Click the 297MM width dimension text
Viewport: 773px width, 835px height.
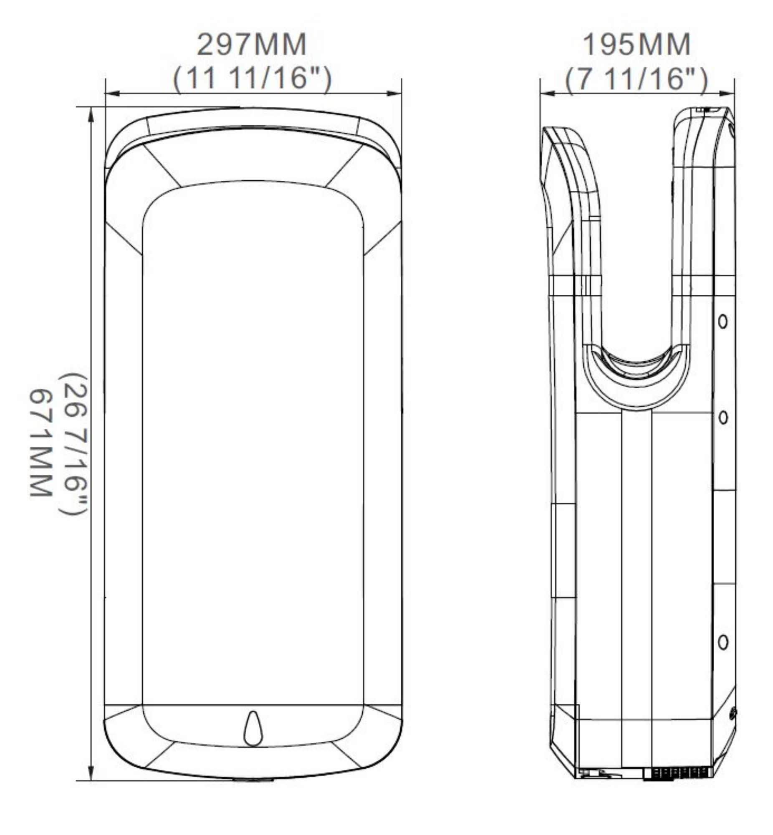252,44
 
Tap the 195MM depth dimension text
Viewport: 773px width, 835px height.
636,44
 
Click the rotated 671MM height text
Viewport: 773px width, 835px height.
40,443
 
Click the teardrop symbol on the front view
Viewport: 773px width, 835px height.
253,728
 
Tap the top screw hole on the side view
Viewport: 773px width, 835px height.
722,321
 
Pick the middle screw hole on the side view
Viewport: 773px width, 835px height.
722,417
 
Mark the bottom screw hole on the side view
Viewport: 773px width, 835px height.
723,642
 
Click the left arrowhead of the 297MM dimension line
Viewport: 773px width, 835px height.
112,93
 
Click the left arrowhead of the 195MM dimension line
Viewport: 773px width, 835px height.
547,93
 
